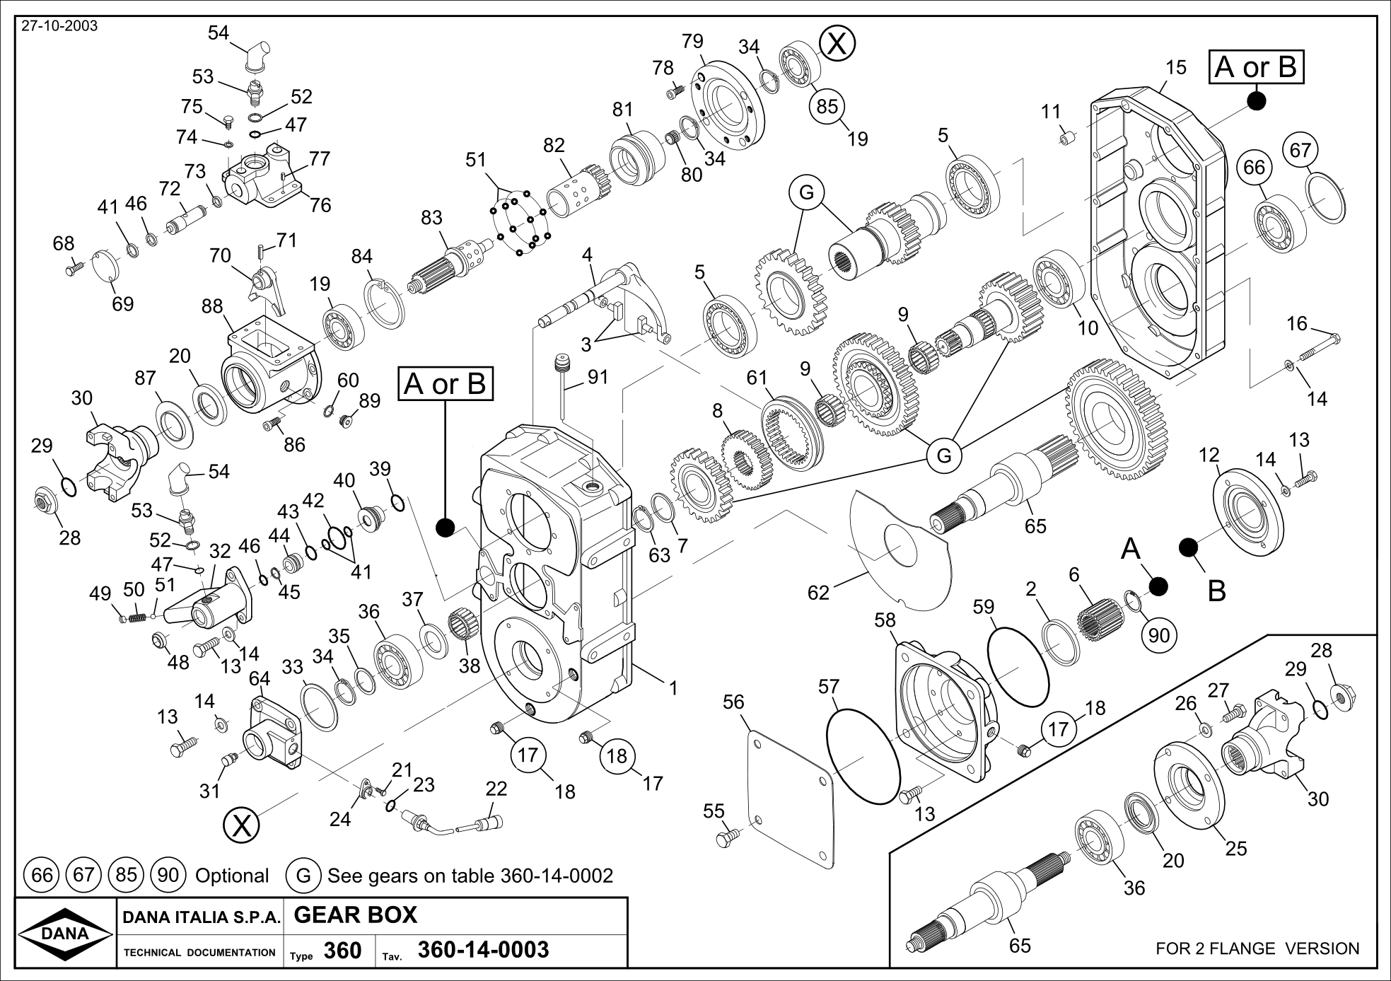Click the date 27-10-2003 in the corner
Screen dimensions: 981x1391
59,27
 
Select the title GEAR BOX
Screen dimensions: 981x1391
355,915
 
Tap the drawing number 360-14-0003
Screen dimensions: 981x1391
483,950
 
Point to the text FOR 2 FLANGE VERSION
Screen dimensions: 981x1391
1257,948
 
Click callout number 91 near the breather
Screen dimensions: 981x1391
598,377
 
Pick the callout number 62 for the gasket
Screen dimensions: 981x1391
818,593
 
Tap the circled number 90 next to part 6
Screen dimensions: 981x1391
1159,636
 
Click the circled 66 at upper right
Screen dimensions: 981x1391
1254,168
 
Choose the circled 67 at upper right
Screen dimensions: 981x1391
1300,150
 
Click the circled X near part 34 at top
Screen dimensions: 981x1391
837,44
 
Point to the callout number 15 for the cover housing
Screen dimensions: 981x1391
1175,67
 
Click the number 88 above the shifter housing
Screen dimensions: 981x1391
212,306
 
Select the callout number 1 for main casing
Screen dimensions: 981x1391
673,687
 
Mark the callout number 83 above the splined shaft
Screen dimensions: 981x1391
431,218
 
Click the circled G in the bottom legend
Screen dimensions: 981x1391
303,876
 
